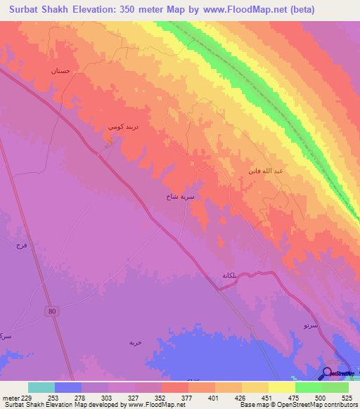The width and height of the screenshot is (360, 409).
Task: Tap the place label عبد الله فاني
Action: coord(269,171)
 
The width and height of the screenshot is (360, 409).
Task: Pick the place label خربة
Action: coord(136,342)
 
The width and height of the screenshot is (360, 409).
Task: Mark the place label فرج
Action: coord(20,246)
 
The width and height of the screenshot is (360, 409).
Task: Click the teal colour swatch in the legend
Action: coord(41,387)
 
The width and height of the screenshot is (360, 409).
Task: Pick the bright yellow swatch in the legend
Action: coord(281,387)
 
